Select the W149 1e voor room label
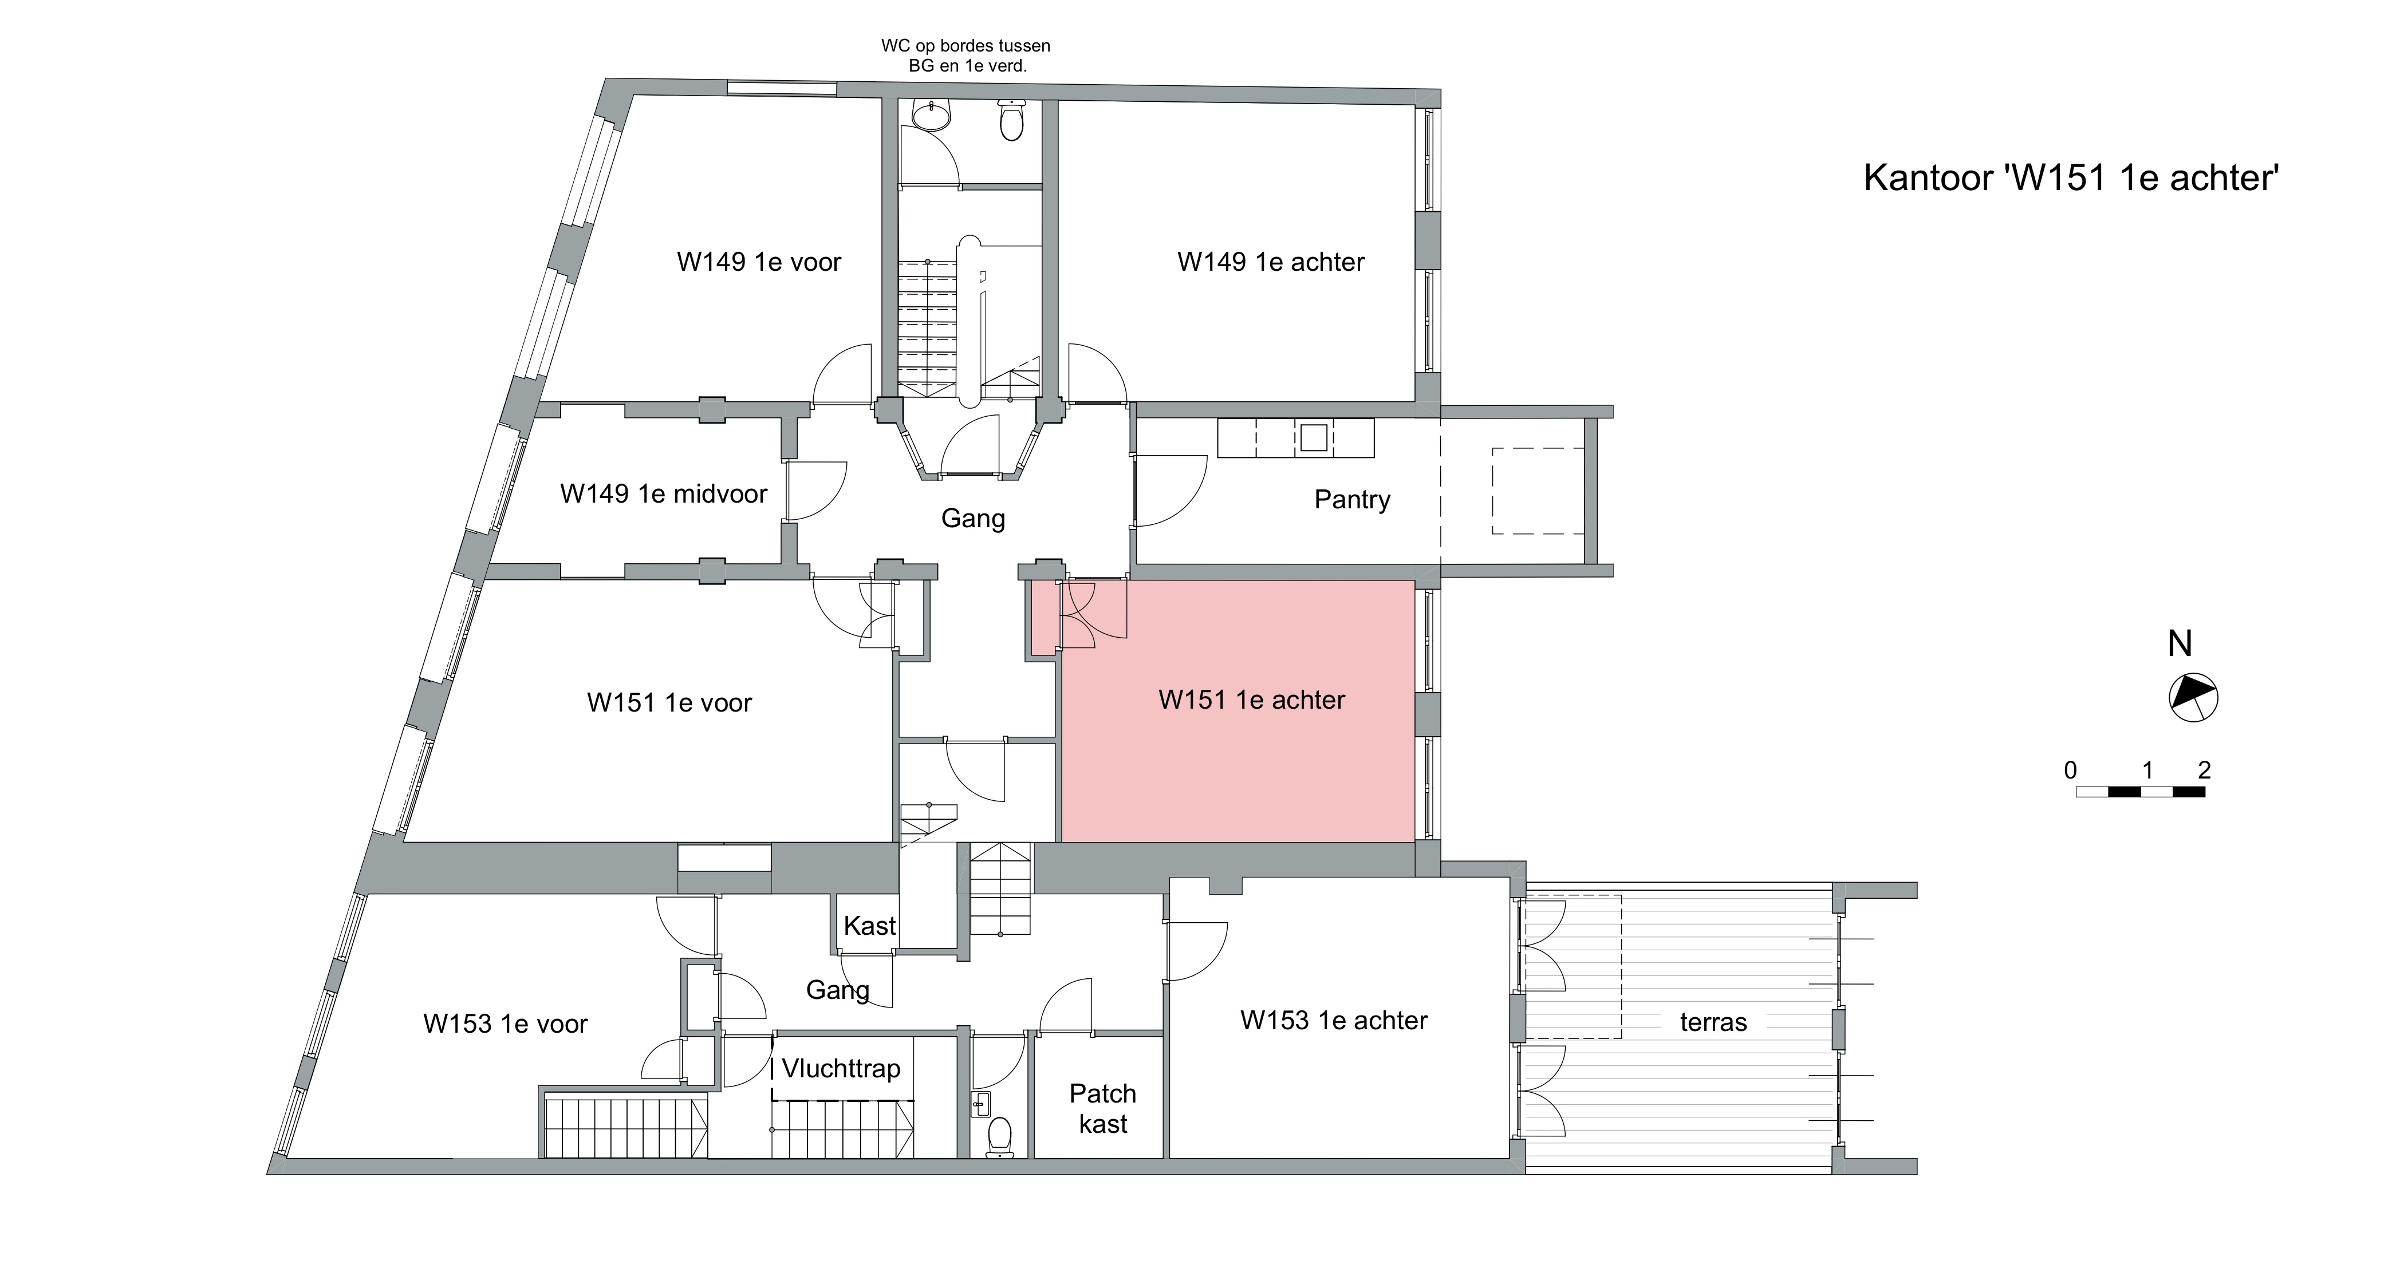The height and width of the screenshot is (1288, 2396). (758, 262)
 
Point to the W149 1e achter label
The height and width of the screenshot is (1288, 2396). (1271, 262)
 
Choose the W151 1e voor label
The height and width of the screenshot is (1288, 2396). (669, 702)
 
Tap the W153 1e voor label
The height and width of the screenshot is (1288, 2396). (505, 1024)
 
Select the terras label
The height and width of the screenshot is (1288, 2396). (1713, 1023)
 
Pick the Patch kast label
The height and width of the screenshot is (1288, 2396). (1102, 1108)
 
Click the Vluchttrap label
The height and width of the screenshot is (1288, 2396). (841, 1069)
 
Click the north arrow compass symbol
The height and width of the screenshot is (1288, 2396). (2193, 697)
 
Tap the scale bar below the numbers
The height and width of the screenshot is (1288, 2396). (2140, 792)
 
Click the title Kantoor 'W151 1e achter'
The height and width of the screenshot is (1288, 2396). (2071, 177)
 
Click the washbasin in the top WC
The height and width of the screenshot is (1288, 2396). (931, 115)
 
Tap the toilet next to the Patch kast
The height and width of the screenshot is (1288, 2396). (999, 1136)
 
